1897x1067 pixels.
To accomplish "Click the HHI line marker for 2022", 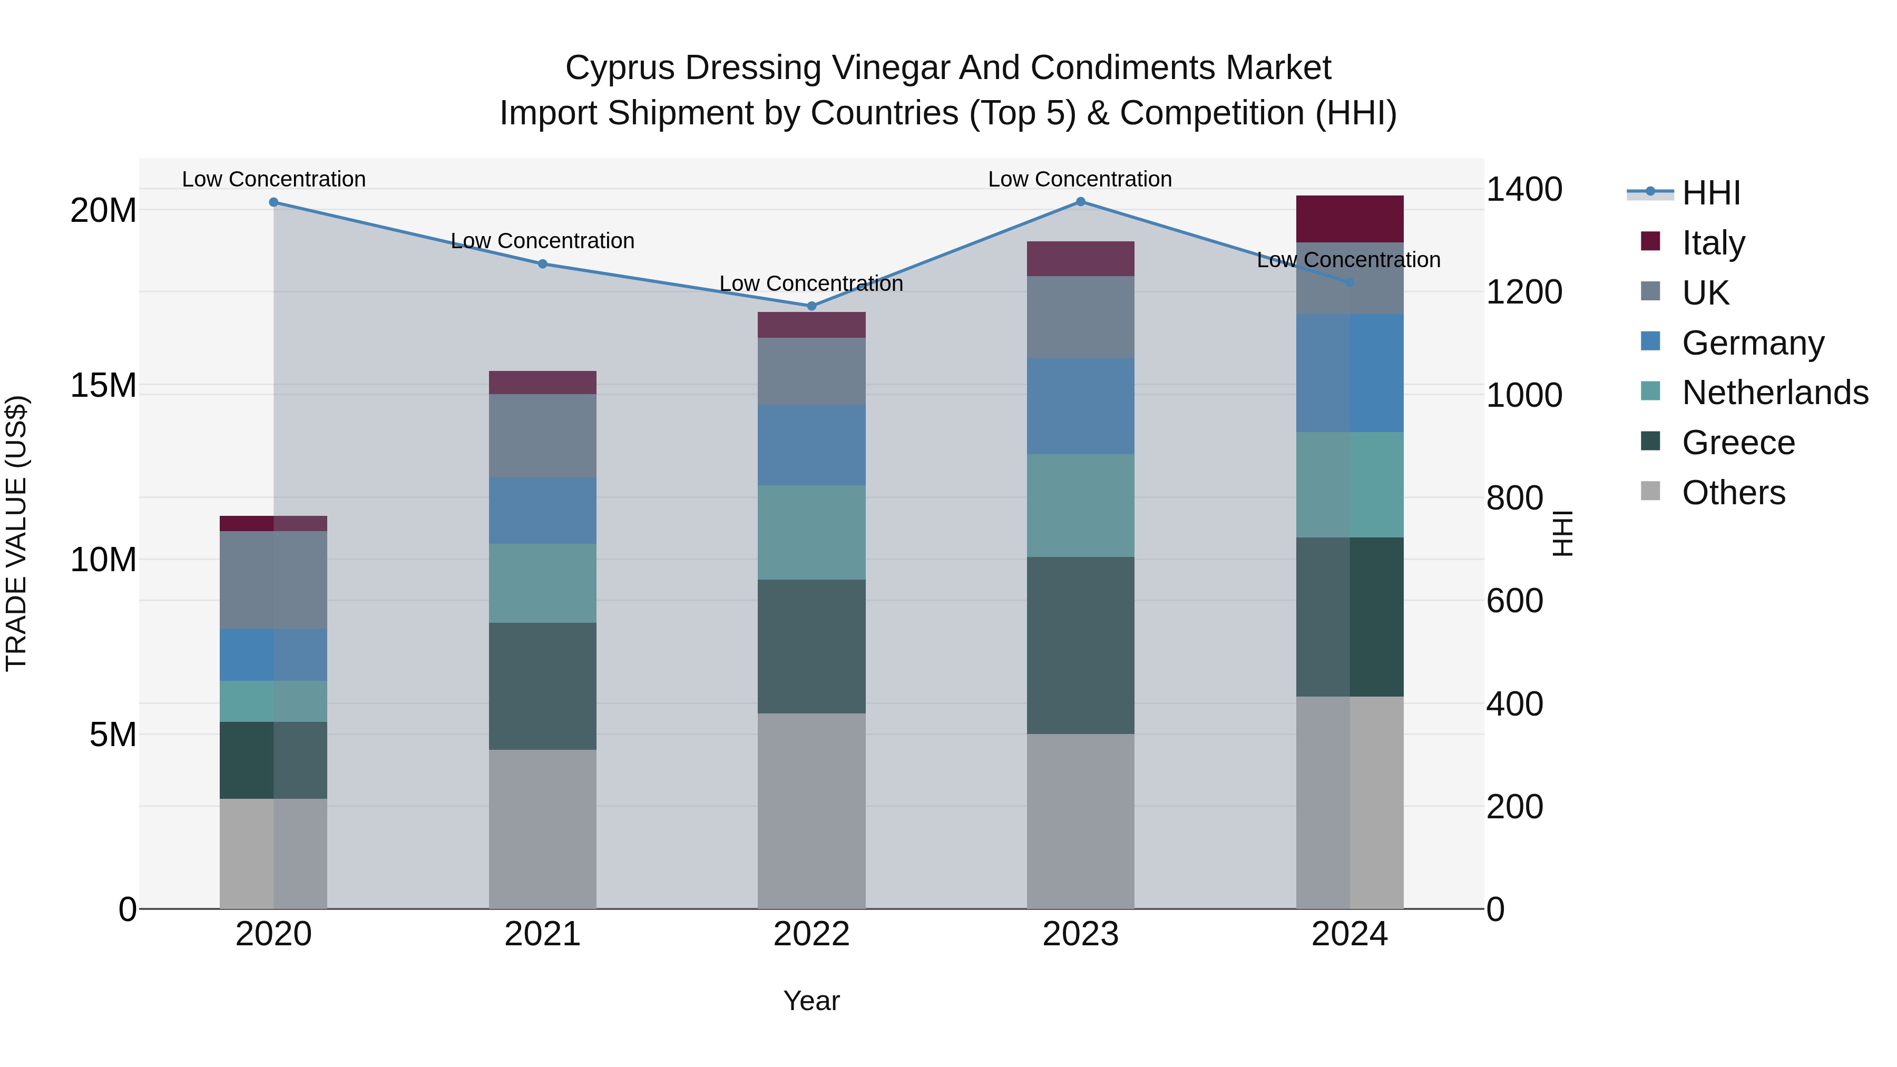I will (811, 306).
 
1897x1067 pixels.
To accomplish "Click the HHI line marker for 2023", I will (1080, 202).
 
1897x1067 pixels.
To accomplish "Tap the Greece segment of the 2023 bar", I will (1080, 645).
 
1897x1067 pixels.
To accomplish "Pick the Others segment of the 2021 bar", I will (543, 829).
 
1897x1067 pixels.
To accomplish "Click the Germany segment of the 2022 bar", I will (811, 445).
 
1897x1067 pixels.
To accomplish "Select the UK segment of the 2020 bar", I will (273, 580).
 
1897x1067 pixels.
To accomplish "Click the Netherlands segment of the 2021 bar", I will (543, 583).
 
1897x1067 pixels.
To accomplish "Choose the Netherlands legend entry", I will (1775, 393).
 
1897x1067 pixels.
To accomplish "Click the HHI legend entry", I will (1710, 193).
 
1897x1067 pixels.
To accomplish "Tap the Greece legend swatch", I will (1650, 441).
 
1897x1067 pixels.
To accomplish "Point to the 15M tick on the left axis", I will (103, 385).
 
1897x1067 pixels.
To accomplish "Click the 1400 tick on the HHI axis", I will (1523, 189).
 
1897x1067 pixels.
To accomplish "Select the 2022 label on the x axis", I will (811, 934).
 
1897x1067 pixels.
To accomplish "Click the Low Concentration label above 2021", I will (543, 241).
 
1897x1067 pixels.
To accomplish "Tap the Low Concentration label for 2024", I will (1348, 260).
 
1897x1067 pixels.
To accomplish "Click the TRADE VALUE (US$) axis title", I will (16, 533).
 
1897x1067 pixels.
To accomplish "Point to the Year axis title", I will (811, 1001).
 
